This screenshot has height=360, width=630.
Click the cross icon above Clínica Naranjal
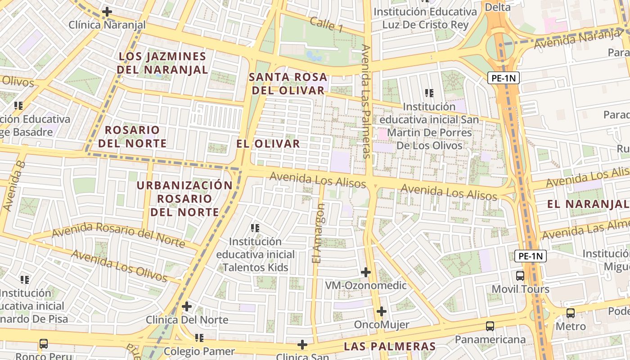(x=107, y=12)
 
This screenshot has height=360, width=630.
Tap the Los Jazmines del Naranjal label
(x=162, y=63)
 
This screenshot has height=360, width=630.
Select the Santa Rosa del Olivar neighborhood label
(x=288, y=84)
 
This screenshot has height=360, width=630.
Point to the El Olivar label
(x=268, y=144)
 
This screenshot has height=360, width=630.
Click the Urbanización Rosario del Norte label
(x=184, y=198)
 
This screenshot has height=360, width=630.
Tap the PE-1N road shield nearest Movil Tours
(x=531, y=256)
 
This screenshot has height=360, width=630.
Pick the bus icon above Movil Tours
(x=520, y=275)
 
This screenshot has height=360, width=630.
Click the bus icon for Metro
(x=571, y=313)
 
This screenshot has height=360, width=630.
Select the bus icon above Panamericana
(x=490, y=326)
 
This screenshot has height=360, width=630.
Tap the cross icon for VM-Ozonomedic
(x=366, y=272)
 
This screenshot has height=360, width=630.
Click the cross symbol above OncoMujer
(x=382, y=311)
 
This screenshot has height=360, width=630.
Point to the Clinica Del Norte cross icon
(x=187, y=307)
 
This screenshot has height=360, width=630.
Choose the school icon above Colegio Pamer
(x=199, y=337)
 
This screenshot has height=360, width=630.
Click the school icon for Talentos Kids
(x=255, y=228)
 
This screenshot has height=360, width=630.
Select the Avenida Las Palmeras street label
(x=366, y=101)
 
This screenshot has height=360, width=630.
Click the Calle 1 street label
(x=326, y=24)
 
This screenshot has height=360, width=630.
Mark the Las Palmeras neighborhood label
(x=390, y=346)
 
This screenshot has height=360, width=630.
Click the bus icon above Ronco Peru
(x=44, y=344)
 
